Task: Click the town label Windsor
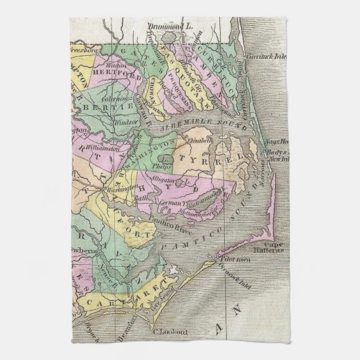tap(122, 124)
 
